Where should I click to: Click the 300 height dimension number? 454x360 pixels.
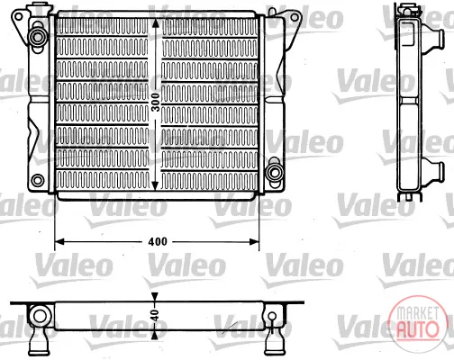[155, 103]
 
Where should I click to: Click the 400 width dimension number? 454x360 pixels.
[158, 242]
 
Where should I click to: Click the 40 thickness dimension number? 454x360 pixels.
[155, 315]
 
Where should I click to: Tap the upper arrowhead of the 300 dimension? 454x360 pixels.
[155, 22]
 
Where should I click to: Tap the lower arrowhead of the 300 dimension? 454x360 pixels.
[155, 185]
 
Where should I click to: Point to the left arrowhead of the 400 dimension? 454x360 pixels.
[59, 241]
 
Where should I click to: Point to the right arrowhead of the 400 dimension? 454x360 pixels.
[254, 241]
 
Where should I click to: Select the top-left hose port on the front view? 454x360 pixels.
[38, 37]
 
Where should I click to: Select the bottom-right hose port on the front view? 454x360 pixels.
[274, 173]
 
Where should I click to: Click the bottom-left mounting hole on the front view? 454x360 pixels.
[38, 180]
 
